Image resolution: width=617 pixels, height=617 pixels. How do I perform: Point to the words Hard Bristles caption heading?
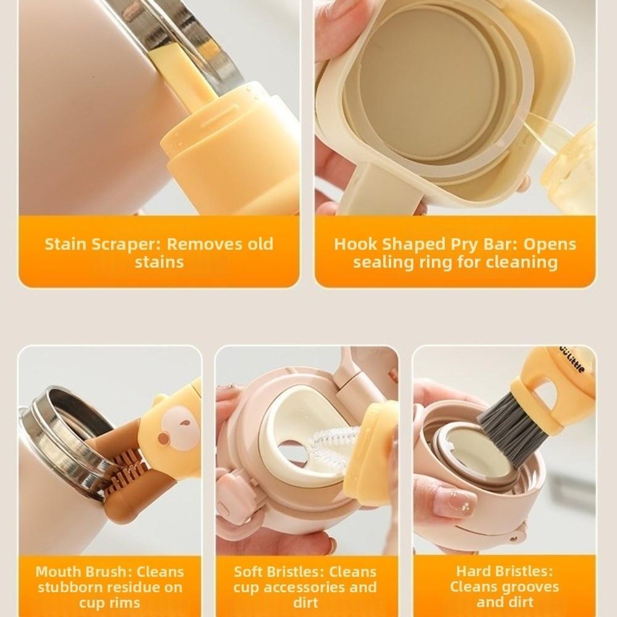[x=504, y=571]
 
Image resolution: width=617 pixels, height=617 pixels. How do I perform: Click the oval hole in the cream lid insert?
[x=296, y=453]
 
